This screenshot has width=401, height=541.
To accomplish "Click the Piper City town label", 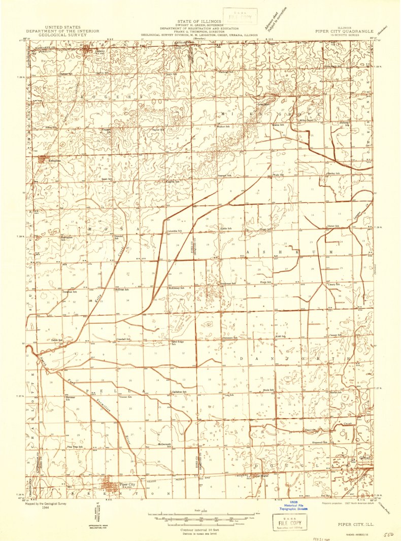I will coord(127,484).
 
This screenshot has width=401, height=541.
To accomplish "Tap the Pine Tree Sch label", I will coord(75,447).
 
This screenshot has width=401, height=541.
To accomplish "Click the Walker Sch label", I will coord(224,126).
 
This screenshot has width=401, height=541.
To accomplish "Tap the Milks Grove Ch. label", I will coord(307,120).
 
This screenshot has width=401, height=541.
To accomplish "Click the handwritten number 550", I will coord(388,534).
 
